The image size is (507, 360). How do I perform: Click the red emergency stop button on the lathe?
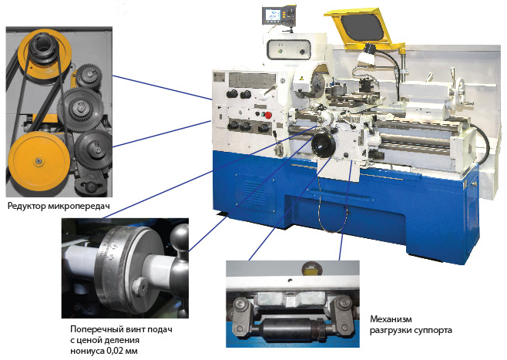click(x=267, y=115)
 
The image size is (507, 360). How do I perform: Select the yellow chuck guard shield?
click(x=364, y=29)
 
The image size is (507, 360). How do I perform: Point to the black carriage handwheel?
click(x=324, y=146)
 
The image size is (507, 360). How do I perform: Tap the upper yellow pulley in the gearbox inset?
click(x=44, y=56)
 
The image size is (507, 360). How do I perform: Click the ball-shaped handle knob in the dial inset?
click(x=180, y=237)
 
